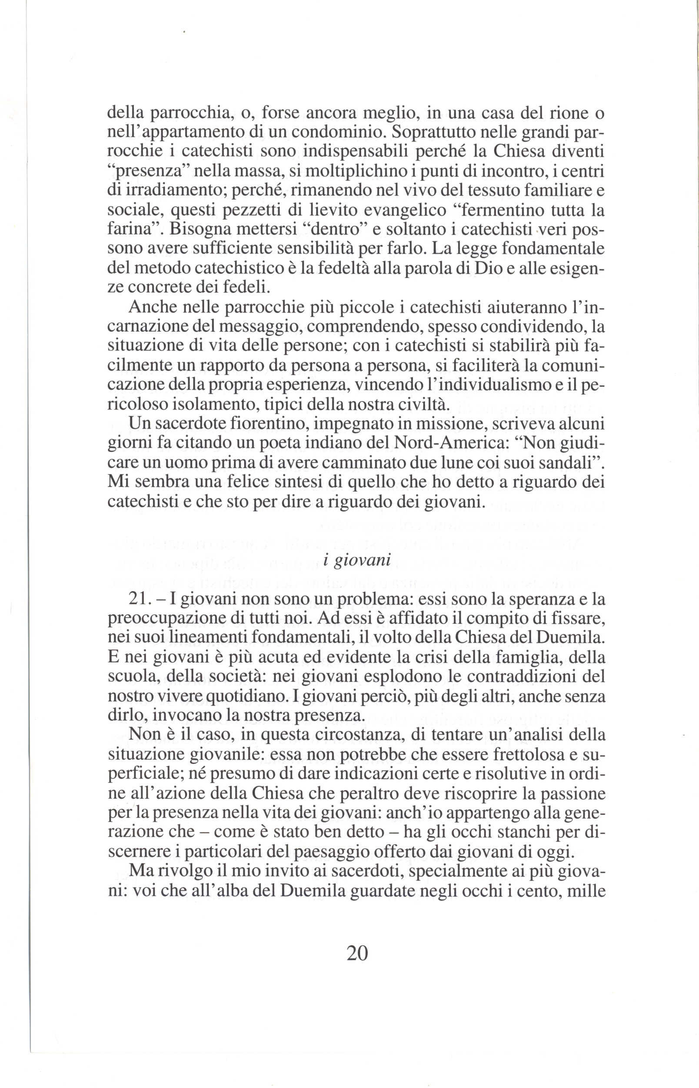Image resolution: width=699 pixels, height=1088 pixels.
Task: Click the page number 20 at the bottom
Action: [357, 953]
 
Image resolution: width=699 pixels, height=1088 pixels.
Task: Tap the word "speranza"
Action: [532, 599]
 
